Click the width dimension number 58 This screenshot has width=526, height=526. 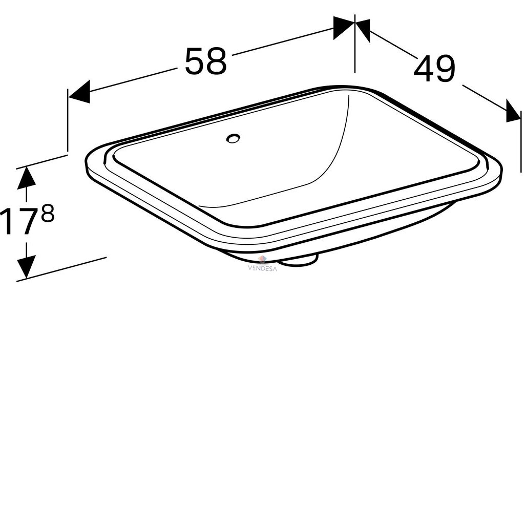click(205, 61)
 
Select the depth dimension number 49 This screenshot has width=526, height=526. click(434, 69)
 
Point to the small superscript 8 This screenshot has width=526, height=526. click(47, 214)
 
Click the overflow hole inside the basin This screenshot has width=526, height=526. click(233, 138)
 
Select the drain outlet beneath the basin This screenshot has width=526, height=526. click(299, 261)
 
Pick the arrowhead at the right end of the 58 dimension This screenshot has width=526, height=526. click(344, 28)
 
